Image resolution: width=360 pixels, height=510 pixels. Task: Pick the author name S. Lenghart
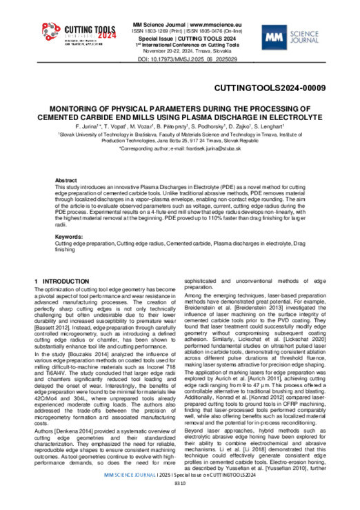click(x=271, y=128)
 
